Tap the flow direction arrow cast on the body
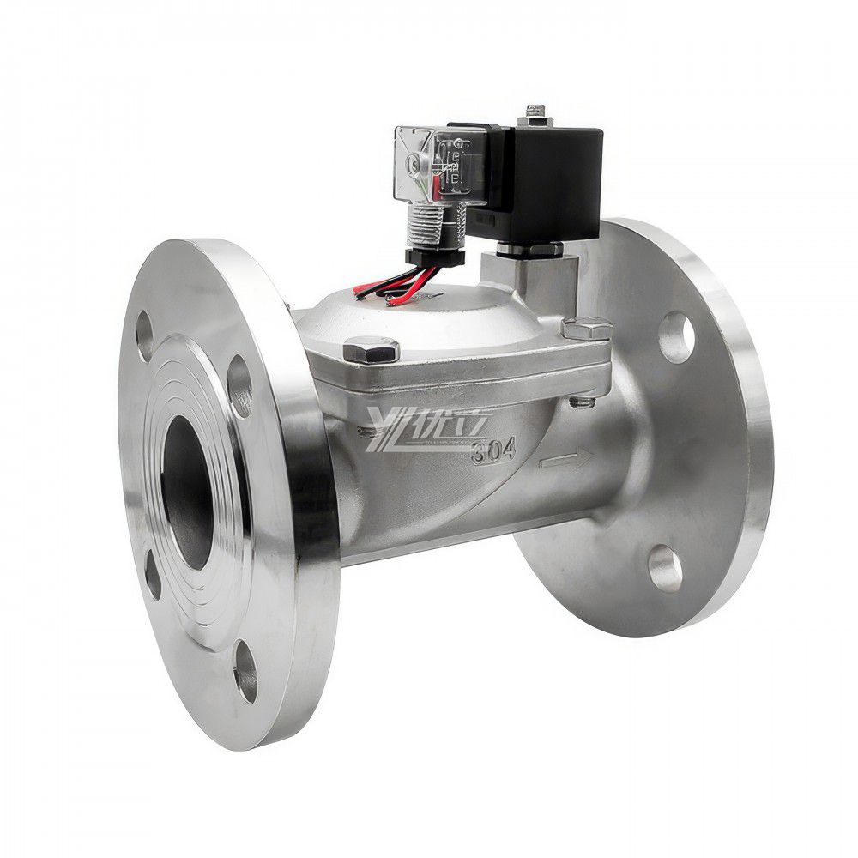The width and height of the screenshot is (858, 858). [564, 462]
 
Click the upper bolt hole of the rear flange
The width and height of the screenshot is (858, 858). [677, 338]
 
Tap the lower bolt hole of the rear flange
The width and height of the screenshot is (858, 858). [666, 569]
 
